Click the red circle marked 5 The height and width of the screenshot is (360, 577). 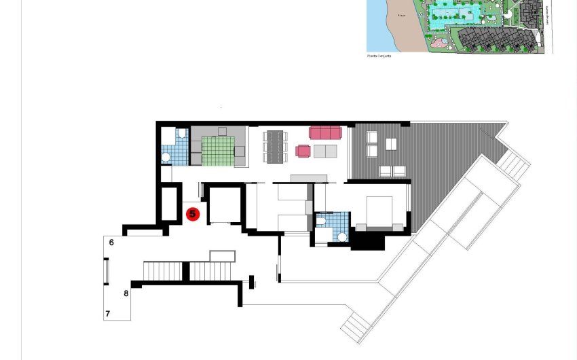point(192,215)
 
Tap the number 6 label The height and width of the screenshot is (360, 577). point(111,242)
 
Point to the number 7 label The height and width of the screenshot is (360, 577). point(107,314)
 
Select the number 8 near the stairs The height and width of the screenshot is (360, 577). point(126,293)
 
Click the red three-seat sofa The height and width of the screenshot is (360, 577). point(325,132)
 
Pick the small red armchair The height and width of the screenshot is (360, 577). point(303,151)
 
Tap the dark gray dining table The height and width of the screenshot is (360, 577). point(274,147)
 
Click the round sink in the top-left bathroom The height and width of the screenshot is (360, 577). point(166,158)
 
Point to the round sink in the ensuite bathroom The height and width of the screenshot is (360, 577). point(343,237)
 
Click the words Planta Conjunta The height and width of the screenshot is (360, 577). point(379,56)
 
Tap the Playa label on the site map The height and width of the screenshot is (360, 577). point(402,16)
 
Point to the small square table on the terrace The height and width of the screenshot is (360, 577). point(391,144)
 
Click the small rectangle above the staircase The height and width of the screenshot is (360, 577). point(223,256)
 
